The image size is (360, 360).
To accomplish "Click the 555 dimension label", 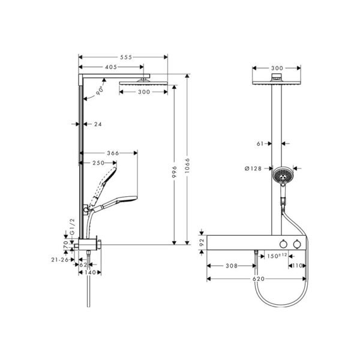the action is click(126, 57).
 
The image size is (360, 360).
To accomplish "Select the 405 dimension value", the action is click(111, 67).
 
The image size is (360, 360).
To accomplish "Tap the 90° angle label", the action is click(100, 91).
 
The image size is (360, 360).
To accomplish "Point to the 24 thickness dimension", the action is click(98, 124).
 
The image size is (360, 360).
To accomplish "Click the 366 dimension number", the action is click(113, 153).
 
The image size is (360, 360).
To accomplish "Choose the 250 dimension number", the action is click(98, 163).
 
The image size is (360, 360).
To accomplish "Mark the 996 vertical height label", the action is click(175, 172).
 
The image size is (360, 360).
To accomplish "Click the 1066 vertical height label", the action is click(188, 166).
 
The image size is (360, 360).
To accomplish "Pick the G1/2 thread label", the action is click(73, 227).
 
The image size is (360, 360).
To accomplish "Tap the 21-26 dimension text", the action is click(60, 260).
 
